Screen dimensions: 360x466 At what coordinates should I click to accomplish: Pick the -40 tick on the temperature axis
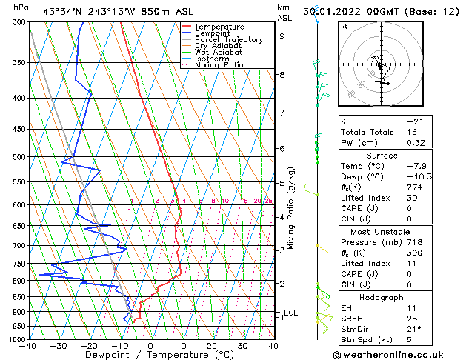pyautogui.click(x=29, y=345)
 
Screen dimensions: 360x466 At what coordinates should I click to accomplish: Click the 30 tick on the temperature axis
pyautogui.click(x=242, y=345)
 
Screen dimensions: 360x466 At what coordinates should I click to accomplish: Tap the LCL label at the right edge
pyautogui.click(x=290, y=313)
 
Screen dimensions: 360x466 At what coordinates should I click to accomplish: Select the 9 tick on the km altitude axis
pyautogui.click(x=282, y=36)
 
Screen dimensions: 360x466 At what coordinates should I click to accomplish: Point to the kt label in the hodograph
pyautogui.click(x=344, y=27)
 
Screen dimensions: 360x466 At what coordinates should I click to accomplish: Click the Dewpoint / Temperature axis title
pyautogui.click(x=150, y=355)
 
